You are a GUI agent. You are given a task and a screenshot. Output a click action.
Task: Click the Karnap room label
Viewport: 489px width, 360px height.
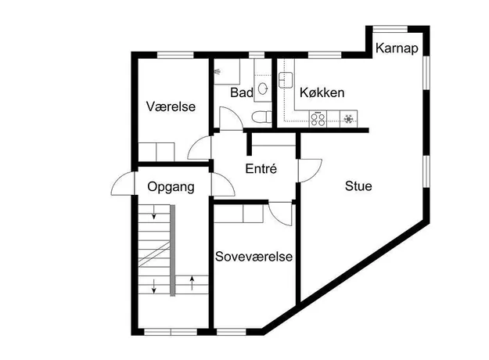(397, 49)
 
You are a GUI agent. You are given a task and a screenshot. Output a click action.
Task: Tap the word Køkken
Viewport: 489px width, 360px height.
(322, 92)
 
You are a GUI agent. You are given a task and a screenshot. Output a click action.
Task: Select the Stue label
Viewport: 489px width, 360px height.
(358, 186)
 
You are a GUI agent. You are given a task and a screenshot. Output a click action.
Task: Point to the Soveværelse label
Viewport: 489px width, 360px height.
(253, 257)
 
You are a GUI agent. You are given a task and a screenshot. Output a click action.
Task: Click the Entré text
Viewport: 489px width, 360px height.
(261, 168)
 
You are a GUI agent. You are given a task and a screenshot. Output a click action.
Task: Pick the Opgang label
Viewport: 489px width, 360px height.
(171, 187)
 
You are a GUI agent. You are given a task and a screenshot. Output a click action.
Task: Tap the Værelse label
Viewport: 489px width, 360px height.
(171, 106)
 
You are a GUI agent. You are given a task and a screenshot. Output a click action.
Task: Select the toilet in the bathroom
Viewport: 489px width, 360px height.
(261, 117)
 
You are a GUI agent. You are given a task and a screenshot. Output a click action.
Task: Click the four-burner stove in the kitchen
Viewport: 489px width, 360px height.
(318, 119)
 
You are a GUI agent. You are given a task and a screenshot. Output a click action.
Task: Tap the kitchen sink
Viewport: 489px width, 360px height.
(286, 80)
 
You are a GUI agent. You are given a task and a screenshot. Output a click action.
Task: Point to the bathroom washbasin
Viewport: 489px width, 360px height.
(263, 88)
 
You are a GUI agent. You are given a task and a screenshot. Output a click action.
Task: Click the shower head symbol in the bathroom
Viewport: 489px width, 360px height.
(218, 72)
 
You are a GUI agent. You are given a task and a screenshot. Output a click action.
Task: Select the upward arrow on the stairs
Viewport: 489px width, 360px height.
(192, 283)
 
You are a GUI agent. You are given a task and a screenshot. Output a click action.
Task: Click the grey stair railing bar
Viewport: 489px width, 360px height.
(172, 250)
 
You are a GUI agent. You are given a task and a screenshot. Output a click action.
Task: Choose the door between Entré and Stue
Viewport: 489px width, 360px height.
(310, 171)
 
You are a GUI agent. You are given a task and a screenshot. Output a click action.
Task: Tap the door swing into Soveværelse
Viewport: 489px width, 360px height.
(280, 214)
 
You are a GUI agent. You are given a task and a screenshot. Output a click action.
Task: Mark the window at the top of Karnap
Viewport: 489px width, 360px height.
(390, 29)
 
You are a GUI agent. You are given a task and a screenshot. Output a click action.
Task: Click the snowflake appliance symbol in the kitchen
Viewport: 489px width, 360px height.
(348, 119)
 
